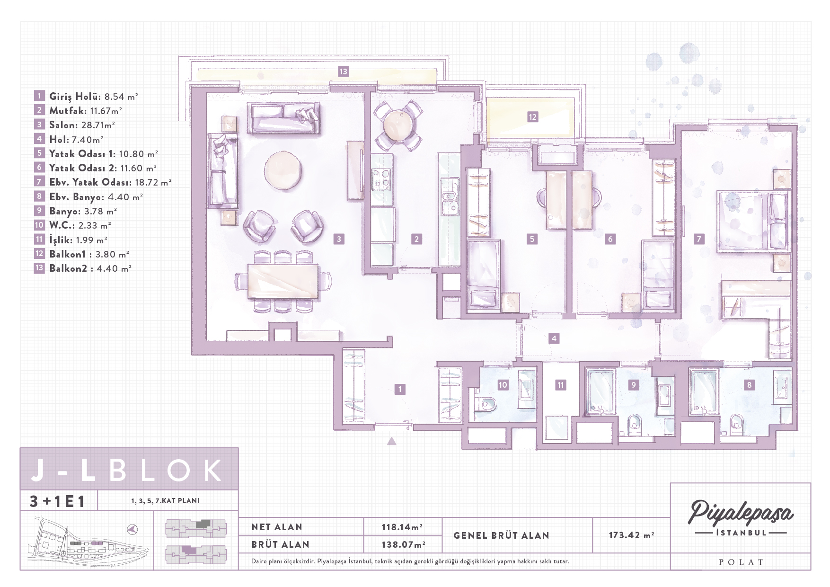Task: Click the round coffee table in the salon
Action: (283, 170)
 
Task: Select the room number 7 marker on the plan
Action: (699, 239)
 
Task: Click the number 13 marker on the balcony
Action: (343, 71)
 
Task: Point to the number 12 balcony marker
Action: (533, 116)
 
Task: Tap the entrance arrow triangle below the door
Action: (392, 441)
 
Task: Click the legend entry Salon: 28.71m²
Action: (82, 125)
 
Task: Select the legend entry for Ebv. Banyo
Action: (96, 196)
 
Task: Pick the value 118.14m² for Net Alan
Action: (402, 527)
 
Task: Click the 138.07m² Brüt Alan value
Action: (403, 544)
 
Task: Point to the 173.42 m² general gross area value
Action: (631, 535)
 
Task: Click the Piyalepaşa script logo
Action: (741, 513)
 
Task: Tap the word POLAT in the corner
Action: (741, 562)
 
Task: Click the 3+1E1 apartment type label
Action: (57, 501)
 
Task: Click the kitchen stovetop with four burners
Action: (381, 179)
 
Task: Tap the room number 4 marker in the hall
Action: (554, 338)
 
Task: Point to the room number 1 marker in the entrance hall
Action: (400, 389)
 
